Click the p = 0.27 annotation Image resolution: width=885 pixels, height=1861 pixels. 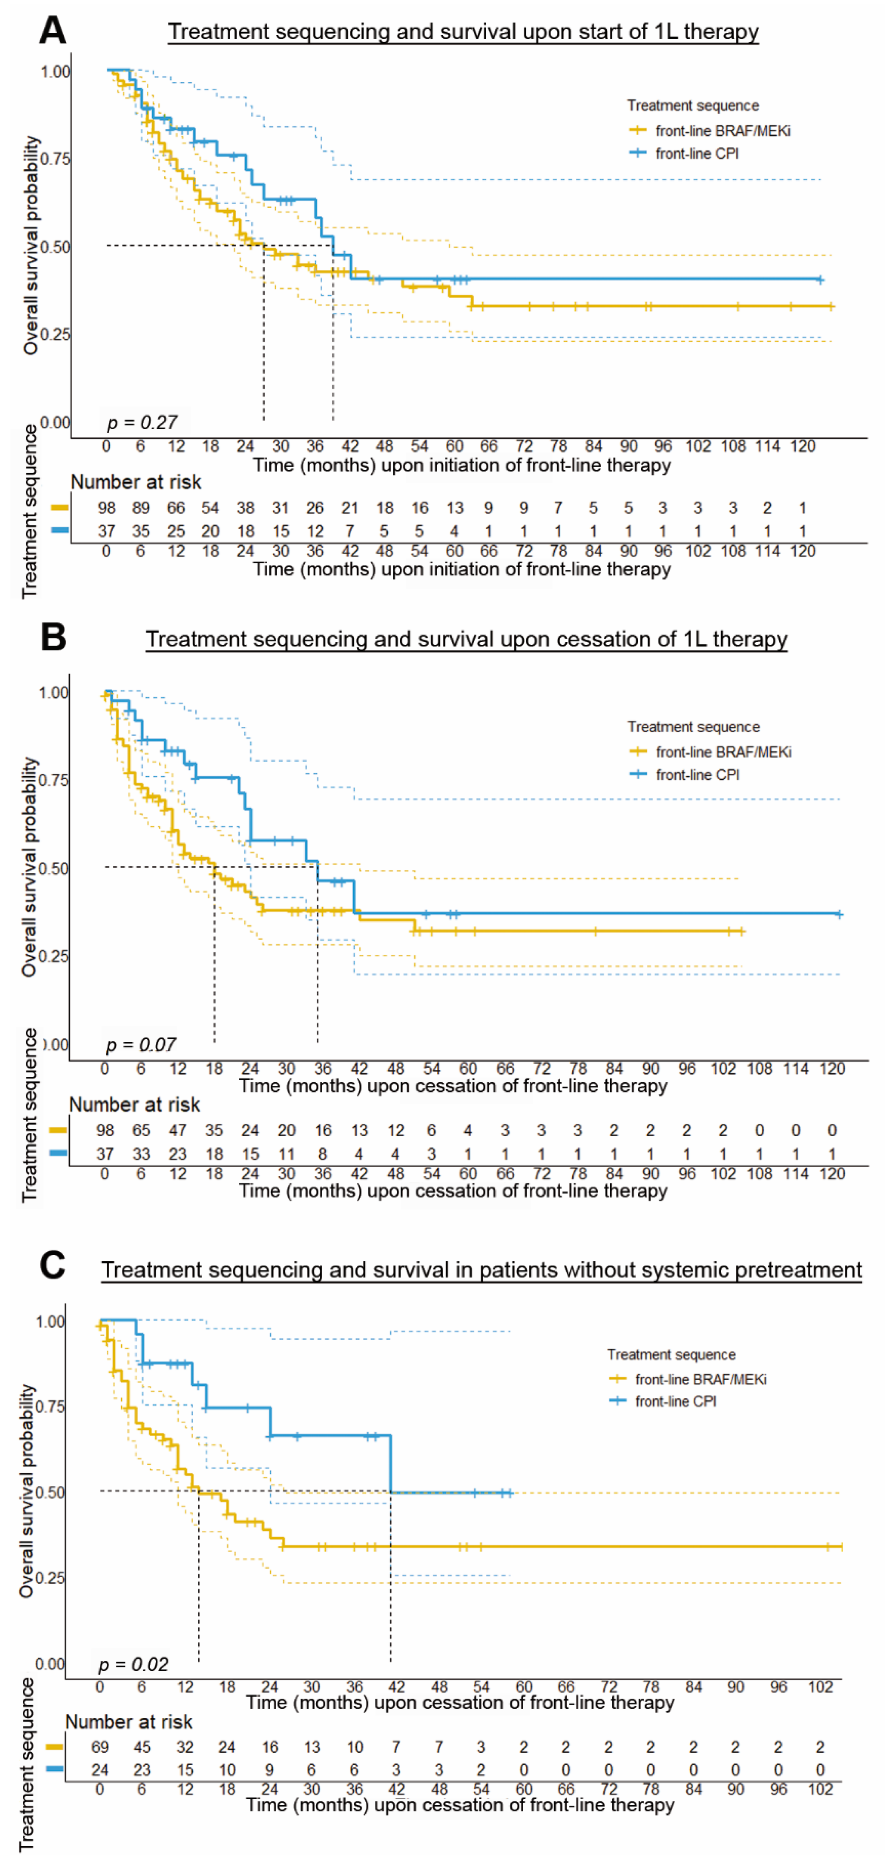pyautogui.click(x=142, y=423)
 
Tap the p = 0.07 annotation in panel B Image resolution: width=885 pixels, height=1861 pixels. pyautogui.click(x=141, y=1045)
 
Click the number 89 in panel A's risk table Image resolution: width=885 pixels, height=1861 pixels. pyautogui.click(x=141, y=508)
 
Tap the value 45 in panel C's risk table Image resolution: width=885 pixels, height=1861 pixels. pyautogui.click(x=142, y=1747)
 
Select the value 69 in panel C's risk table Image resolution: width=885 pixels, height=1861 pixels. pyautogui.click(x=100, y=1747)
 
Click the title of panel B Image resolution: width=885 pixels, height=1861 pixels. pyautogui.click(x=466, y=639)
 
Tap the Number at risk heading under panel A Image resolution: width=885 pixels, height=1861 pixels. pyautogui.click(x=136, y=482)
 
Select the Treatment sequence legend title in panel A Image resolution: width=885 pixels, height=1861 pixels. pyautogui.click(x=692, y=105)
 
